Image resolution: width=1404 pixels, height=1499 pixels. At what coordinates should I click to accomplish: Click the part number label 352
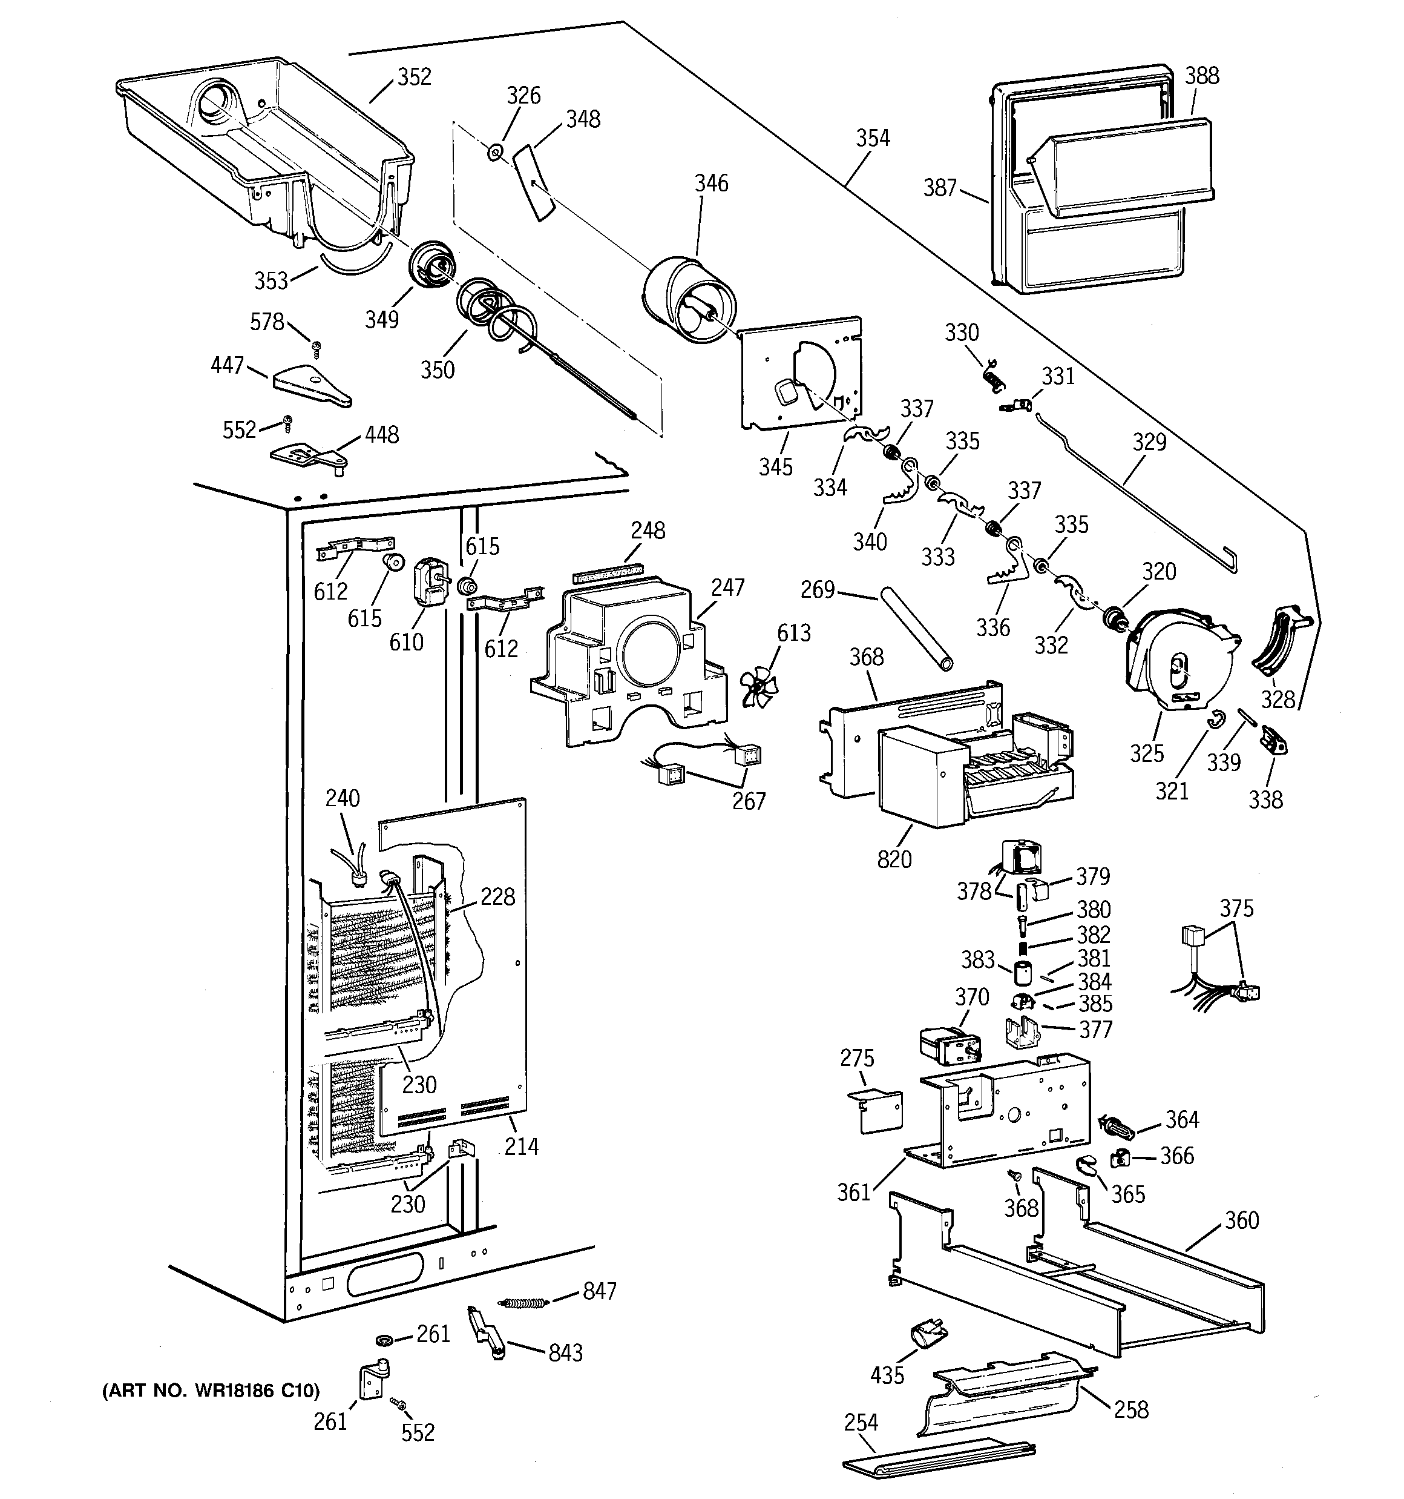click(x=414, y=77)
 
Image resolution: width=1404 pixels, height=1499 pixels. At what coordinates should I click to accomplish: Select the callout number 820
click(x=894, y=859)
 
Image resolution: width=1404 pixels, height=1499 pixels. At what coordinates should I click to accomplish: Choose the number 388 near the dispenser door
click(x=1201, y=75)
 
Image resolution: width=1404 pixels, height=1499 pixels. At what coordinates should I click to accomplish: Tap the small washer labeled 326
click(x=494, y=153)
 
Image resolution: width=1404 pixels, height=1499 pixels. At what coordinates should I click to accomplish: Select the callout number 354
click(x=872, y=138)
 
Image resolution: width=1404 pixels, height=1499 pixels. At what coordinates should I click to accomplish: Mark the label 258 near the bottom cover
click(x=1130, y=1409)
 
